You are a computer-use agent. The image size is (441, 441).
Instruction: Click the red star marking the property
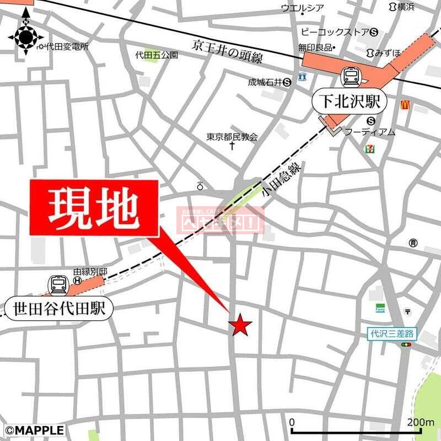(240, 325)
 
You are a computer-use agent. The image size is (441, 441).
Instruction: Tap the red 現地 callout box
(94, 209)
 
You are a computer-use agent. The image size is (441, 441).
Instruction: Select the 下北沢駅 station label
(349, 102)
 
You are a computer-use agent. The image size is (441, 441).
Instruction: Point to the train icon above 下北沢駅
(351, 76)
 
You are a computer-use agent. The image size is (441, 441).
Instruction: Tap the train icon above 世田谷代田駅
(58, 284)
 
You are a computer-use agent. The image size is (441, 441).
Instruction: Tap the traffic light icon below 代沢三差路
(407, 345)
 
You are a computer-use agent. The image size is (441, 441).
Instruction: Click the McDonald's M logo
(404, 104)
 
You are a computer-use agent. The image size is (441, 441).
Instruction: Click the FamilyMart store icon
(380, 308)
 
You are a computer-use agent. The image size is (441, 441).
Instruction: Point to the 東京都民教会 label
(232, 137)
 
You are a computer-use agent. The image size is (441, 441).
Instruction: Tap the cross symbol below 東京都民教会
(232, 147)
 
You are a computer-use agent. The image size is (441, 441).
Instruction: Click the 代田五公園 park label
(157, 55)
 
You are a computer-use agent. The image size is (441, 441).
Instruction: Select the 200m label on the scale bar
(421, 422)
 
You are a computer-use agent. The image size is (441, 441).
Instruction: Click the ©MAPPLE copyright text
(34, 430)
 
